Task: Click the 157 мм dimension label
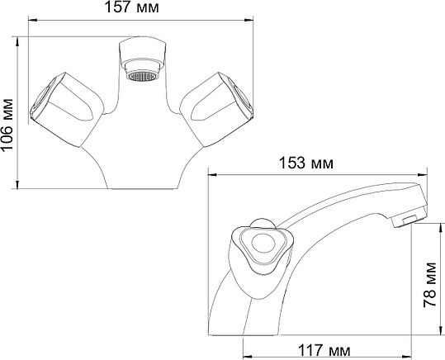click(132, 7)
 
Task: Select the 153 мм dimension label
click(306, 163)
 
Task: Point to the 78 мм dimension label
click(430, 285)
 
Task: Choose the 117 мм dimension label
click(324, 350)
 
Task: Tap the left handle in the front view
click(67, 110)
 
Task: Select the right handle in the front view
click(216, 110)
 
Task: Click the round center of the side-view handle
click(263, 243)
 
